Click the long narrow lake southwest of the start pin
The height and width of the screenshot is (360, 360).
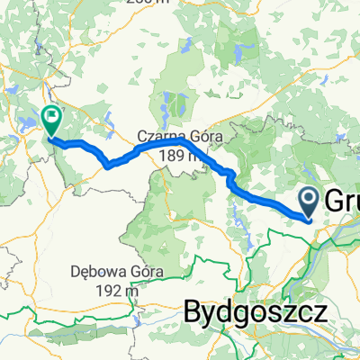pyautogui.click(x=237, y=216)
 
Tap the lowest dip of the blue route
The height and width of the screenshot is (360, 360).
pyautogui.click(x=108, y=166)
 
